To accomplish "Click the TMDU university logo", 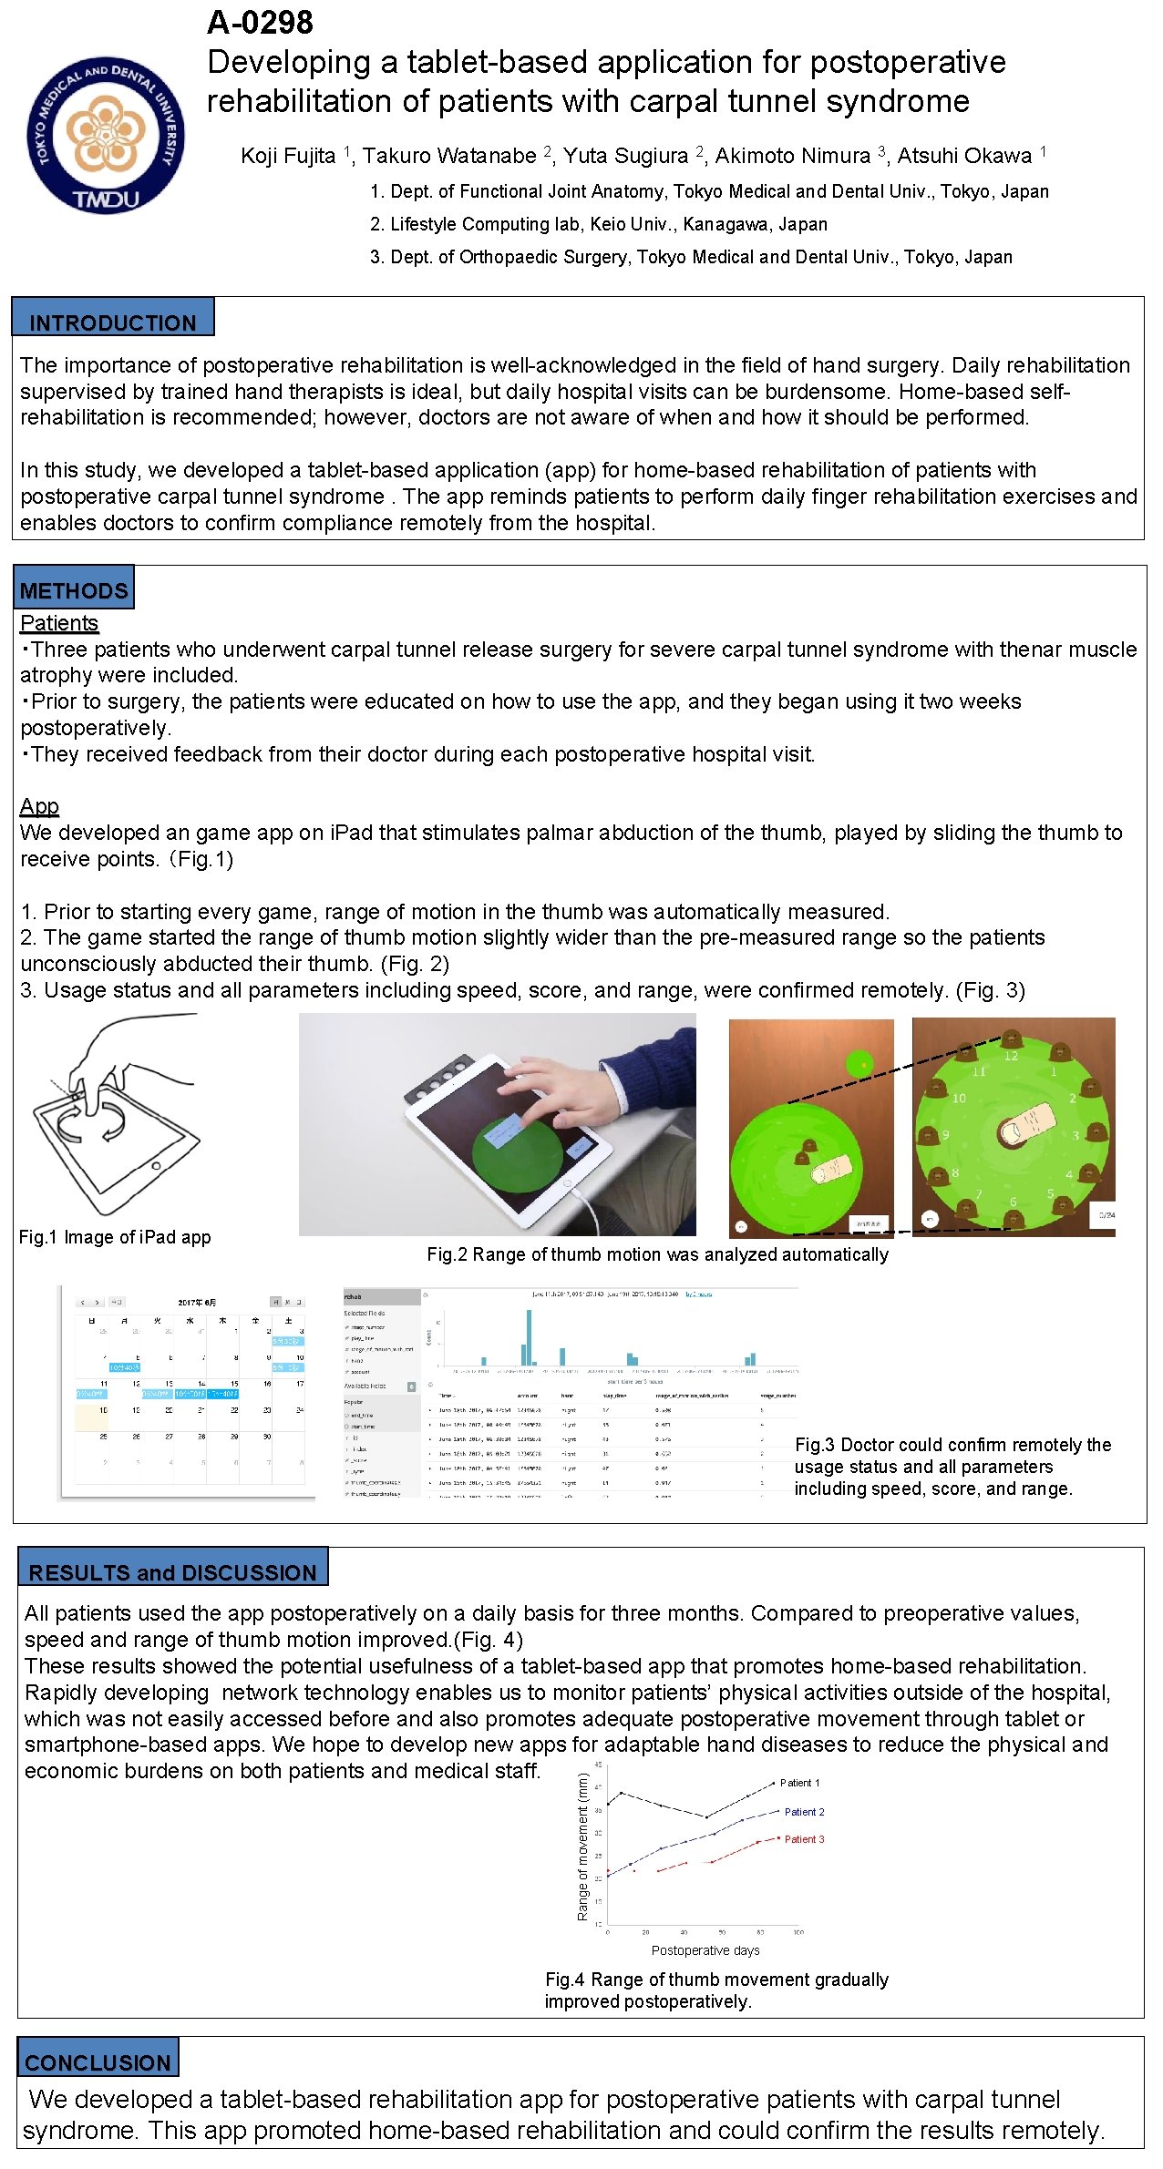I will tap(105, 135).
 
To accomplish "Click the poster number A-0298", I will tap(260, 23).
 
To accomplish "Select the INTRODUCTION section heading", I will tap(112, 322).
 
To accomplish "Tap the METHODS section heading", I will tap(73, 590).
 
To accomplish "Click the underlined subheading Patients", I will tap(58, 623).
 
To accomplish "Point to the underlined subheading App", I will tap(39, 806).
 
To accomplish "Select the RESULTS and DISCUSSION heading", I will tap(172, 1572).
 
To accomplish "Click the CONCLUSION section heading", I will tap(98, 2062).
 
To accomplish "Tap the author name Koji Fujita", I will tap(288, 156).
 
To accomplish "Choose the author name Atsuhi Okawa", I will tap(964, 156).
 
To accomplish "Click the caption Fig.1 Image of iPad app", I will tap(115, 1237).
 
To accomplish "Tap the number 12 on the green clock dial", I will tap(1011, 1057).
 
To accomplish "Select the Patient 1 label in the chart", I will tap(799, 1783).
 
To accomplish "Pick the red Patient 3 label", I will tap(804, 1839).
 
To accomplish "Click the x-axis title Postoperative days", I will tap(705, 1950).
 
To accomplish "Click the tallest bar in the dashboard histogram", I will tap(529, 1337).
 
